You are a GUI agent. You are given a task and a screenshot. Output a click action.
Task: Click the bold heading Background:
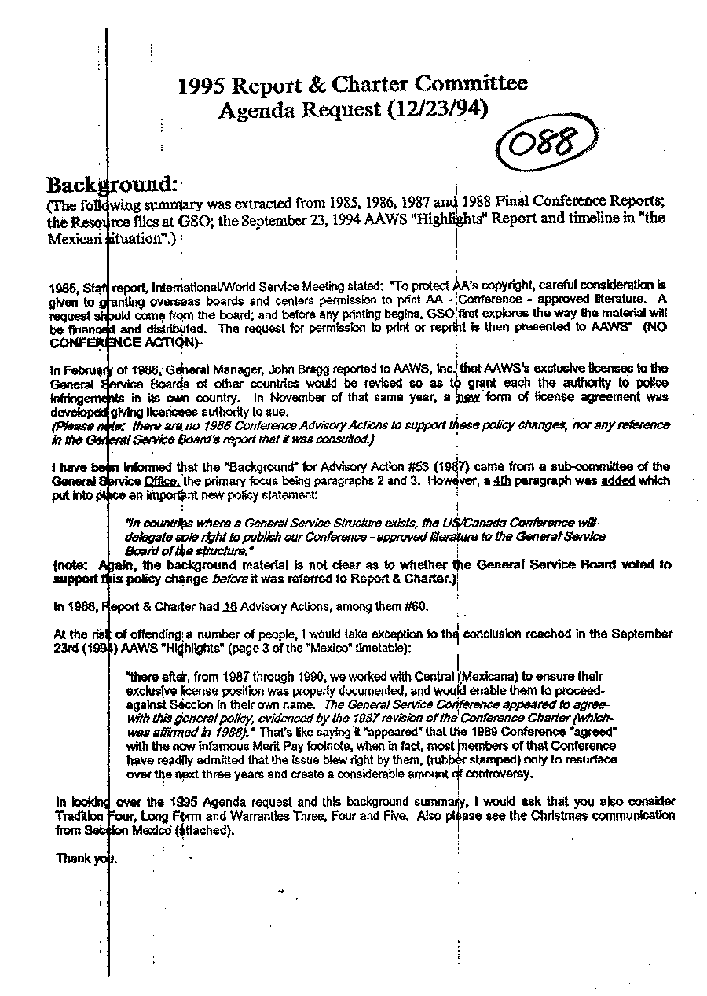111,185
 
